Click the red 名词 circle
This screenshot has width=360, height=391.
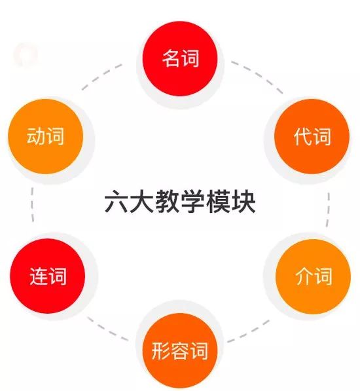click(180, 58)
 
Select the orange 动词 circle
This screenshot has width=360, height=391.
click(45, 136)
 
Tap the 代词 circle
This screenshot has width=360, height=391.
click(312, 136)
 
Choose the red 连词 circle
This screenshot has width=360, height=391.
click(47, 276)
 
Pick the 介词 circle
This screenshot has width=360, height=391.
click(313, 276)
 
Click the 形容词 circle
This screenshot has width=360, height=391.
click(180, 350)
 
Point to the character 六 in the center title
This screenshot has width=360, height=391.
click(117, 201)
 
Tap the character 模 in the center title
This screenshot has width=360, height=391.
click(218, 201)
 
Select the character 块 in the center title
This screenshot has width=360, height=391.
click(243, 201)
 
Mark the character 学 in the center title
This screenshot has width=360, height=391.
click(192, 201)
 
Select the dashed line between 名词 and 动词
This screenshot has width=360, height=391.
click(101, 75)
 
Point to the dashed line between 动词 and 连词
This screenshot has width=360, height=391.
click(32, 205)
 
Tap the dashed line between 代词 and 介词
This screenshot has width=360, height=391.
click(328, 210)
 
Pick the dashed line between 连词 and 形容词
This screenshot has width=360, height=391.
click(107, 329)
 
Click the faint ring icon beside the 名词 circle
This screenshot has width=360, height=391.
click(26, 54)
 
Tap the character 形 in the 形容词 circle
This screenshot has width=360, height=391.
click(161, 351)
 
